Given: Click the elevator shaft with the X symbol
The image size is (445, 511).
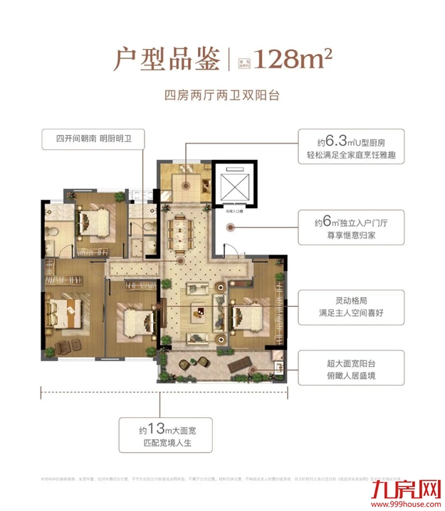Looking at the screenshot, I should [x=235, y=187].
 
